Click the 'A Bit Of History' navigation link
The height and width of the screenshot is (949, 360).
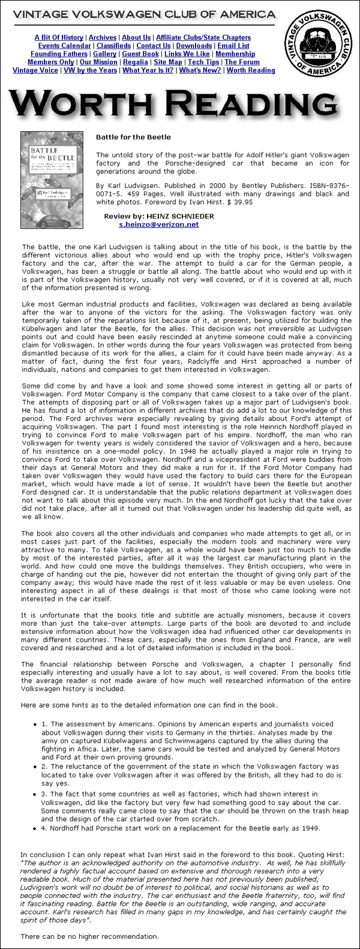coord(59,37)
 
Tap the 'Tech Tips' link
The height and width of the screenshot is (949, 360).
coord(203,62)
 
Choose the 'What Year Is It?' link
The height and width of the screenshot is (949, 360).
coord(148,70)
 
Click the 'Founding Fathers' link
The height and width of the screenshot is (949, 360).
coord(58,54)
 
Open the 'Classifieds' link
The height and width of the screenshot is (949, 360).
coord(113,46)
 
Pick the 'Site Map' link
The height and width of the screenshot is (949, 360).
coord(168,62)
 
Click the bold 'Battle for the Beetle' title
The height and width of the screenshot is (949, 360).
coord(133,137)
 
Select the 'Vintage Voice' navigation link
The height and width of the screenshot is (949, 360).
coord(35,70)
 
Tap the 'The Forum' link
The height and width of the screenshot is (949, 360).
coord(242,62)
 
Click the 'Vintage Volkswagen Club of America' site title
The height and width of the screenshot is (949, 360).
coord(144,14)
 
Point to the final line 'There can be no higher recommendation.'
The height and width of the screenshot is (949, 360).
coord(89,936)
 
